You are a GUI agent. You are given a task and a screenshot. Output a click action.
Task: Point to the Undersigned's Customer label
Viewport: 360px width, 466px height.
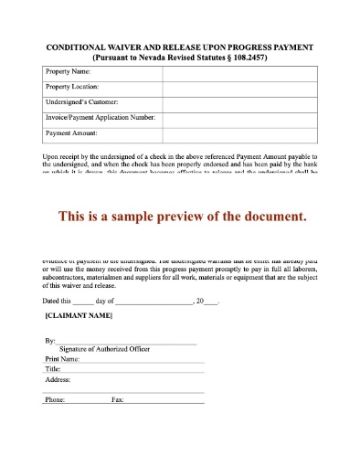point(81,102)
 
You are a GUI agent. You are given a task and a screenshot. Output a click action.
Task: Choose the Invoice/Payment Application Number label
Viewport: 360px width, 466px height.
point(100,118)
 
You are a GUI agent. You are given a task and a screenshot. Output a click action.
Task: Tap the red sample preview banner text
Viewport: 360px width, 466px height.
point(180,217)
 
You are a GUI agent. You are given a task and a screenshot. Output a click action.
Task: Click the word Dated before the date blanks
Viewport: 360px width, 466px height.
point(54,301)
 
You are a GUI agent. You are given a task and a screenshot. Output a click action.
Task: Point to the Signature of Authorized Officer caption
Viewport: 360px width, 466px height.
point(104,349)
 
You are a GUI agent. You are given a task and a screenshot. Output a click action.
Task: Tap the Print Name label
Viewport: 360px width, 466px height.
point(64,360)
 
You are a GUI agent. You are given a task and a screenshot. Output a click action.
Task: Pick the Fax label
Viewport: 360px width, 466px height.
point(117,400)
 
